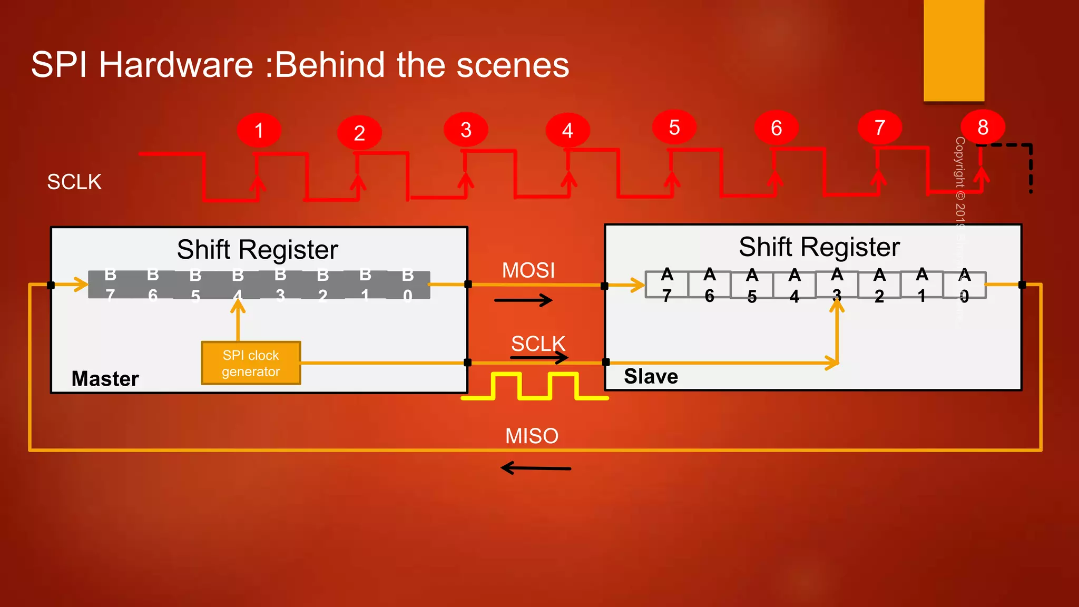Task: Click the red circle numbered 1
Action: tap(259, 130)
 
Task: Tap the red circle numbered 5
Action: tap(674, 128)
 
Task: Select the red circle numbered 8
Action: tap(983, 127)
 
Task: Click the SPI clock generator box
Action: tap(251, 363)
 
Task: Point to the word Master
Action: tap(105, 378)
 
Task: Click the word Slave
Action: tap(651, 376)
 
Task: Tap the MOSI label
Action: tap(528, 270)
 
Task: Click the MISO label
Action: tap(531, 436)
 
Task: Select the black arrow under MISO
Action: tap(535, 468)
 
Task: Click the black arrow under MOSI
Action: tap(523, 300)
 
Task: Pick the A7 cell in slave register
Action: tap(667, 285)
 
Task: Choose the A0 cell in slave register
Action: tap(964, 285)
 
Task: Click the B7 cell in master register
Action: tap(110, 285)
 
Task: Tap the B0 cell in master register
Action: tap(408, 285)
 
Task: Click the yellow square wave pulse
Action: tap(535, 386)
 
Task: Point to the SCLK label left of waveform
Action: tap(74, 182)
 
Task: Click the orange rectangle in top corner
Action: tap(954, 50)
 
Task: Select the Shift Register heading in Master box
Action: tap(257, 249)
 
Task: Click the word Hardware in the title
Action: tap(176, 65)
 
